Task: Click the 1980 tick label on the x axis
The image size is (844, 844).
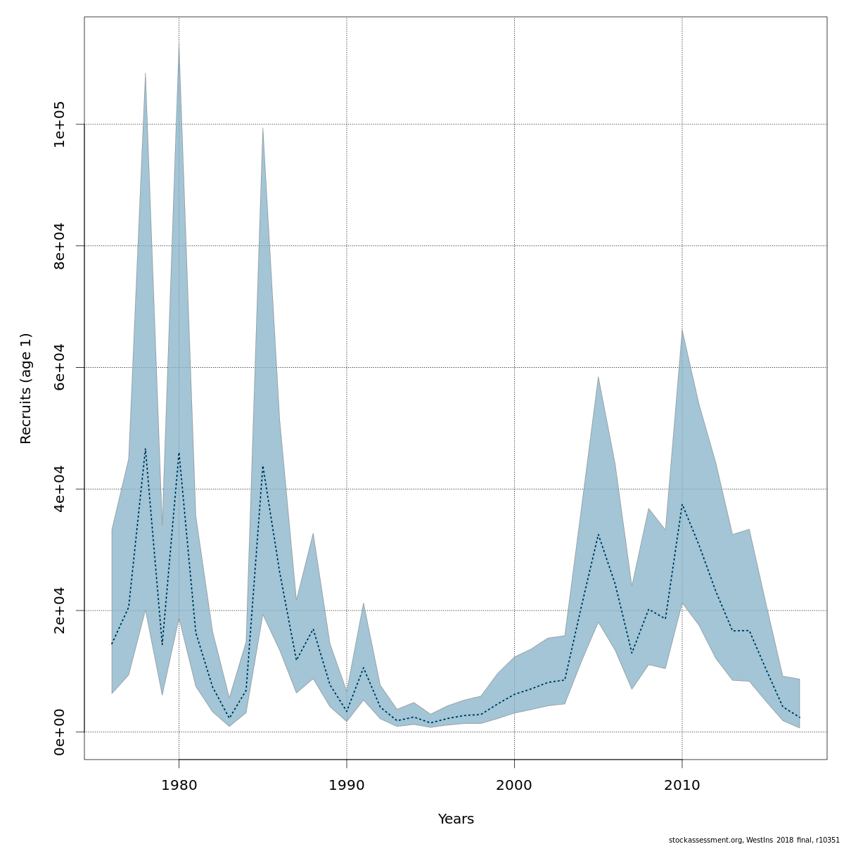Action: pyautogui.click(x=179, y=785)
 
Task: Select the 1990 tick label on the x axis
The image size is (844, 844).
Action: pyautogui.click(x=346, y=785)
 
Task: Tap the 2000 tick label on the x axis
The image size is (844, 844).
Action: pyautogui.click(x=514, y=785)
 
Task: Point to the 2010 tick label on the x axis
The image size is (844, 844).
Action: pyautogui.click(x=682, y=785)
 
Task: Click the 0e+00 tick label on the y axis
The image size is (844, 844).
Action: pyautogui.click(x=60, y=732)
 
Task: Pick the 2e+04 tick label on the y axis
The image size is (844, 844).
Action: pyautogui.click(x=60, y=610)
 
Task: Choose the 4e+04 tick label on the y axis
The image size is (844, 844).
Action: pyautogui.click(x=60, y=489)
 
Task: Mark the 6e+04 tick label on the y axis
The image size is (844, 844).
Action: pyautogui.click(x=60, y=367)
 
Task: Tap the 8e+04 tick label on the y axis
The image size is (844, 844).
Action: pyautogui.click(x=60, y=245)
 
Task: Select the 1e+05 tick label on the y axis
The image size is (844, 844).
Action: pyautogui.click(x=60, y=124)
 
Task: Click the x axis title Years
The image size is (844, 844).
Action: pyautogui.click(x=456, y=819)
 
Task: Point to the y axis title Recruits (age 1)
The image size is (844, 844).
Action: pyautogui.click(x=26, y=388)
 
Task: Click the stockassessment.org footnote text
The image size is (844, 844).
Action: pyautogui.click(x=754, y=839)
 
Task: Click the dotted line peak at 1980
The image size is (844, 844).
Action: pyautogui.click(x=179, y=453)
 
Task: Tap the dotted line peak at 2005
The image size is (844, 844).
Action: pyautogui.click(x=598, y=534)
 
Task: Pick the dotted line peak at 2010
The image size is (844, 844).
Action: pyautogui.click(x=682, y=504)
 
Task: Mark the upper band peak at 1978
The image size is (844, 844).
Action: pyautogui.click(x=145, y=73)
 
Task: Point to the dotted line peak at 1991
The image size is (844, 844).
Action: pyautogui.click(x=363, y=667)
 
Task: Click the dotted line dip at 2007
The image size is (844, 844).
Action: pyautogui.click(x=632, y=653)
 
